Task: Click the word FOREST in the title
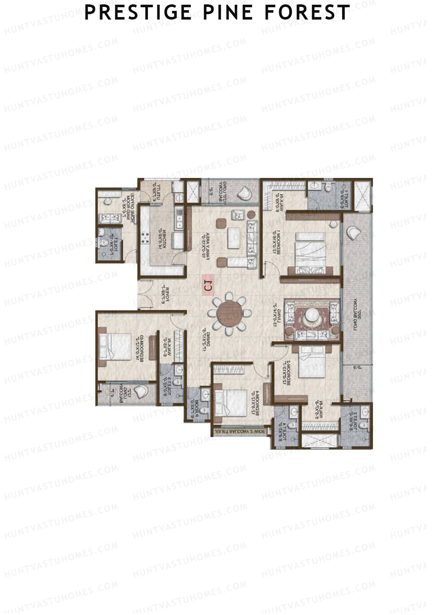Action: pyautogui.click(x=307, y=13)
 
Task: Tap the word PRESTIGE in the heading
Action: pyautogui.click(x=138, y=13)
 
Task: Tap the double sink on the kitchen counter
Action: pyautogui.click(x=179, y=219)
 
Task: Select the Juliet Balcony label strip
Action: pyautogui.click(x=240, y=432)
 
